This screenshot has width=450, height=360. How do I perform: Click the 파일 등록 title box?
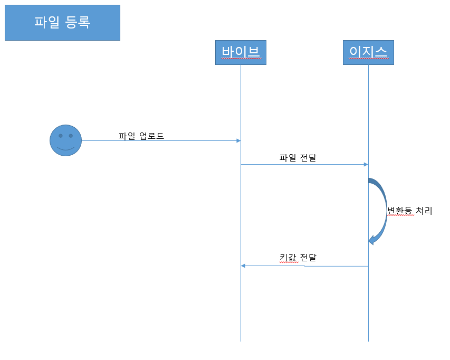tap(62, 23)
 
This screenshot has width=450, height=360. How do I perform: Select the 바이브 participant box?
tap(241, 52)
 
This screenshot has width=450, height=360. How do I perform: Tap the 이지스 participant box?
tap(368, 52)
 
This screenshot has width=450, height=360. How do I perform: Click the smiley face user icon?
tap(65, 140)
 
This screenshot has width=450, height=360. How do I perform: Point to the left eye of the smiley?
tap(61, 136)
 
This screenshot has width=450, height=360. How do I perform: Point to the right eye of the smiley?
tap(71, 136)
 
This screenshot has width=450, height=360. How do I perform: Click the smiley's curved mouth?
tap(65, 149)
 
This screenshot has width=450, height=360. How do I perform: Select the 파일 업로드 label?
tap(141, 136)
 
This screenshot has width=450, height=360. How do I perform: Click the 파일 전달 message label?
tap(298, 157)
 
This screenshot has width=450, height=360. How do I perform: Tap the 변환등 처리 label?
tap(409, 211)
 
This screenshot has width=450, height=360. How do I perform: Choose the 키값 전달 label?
tap(298, 258)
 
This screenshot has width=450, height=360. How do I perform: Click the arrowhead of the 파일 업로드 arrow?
tap(238, 140)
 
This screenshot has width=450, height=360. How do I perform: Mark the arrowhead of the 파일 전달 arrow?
tap(366, 164)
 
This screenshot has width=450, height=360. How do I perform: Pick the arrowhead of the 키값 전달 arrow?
tap(243, 266)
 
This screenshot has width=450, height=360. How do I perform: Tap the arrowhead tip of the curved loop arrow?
tap(370, 241)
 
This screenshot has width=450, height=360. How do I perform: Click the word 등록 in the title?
tap(77, 22)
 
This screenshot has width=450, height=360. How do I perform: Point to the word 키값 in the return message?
tap(289, 258)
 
